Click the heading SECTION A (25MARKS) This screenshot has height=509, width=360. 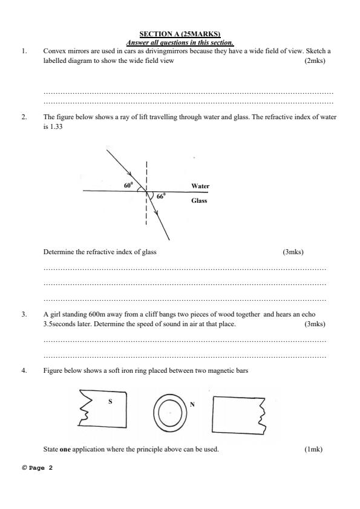tap(180, 34)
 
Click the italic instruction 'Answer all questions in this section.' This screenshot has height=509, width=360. tap(180, 42)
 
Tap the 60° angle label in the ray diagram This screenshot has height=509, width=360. tap(128, 186)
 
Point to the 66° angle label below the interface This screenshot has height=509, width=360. tap(160, 197)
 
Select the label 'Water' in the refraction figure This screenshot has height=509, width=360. tap(200, 186)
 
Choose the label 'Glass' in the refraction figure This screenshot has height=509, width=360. tap(199, 200)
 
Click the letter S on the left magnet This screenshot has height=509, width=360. tap(110, 401)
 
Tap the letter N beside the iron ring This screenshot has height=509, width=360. tap(192, 404)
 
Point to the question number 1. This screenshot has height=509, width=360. tap(24, 51)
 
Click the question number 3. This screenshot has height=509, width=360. tap(24, 315)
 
